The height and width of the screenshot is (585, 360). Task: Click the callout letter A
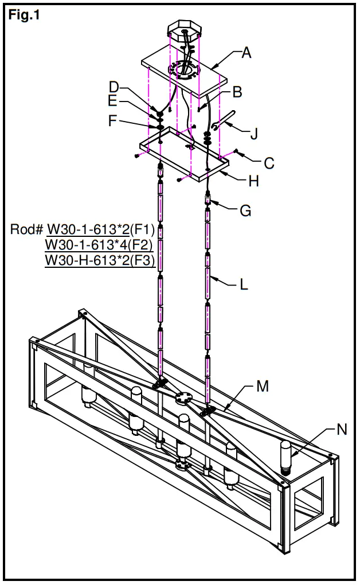tap(246, 53)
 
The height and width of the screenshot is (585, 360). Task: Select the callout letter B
tap(237, 91)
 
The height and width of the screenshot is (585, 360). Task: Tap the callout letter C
tap(269, 162)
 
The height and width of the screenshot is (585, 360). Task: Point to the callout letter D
tap(114, 87)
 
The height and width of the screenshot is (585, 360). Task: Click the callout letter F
tap(114, 121)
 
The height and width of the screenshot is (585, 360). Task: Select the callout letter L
tap(244, 284)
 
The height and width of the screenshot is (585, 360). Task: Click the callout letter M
tap(263, 386)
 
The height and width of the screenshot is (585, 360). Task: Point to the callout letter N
tap(342, 429)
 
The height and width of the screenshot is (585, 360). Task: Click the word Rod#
tap(27, 229)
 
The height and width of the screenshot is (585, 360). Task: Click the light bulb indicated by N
tap(285, 457)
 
